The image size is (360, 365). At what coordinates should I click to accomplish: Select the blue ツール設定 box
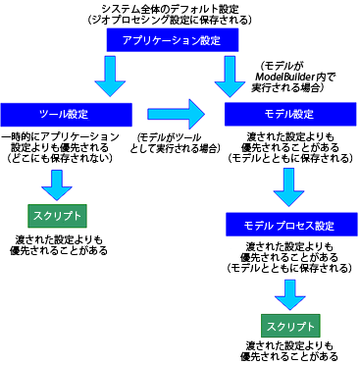(60, 114)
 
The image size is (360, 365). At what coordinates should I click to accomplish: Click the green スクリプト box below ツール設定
(55, 214)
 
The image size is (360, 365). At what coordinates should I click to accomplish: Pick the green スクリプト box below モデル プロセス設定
(289, 325)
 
